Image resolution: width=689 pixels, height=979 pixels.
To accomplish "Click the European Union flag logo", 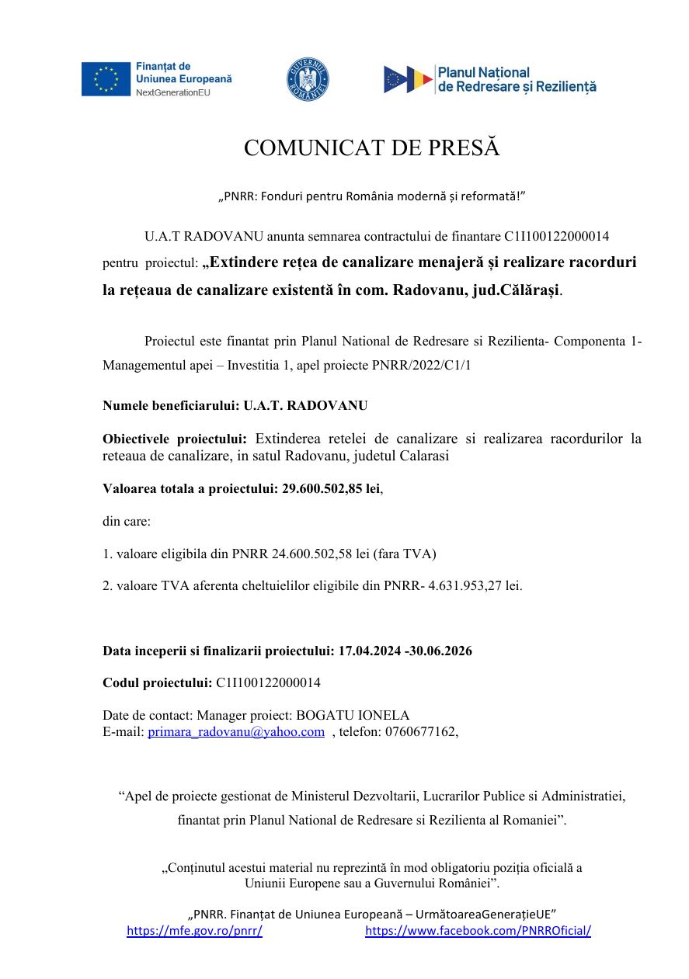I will (106, 79).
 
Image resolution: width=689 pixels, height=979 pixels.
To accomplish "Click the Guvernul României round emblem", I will (308, 79).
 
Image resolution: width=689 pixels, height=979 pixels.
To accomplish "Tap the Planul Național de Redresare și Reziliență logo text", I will (517, 79).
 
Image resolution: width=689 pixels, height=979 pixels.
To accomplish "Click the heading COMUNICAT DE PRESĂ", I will (371, 148).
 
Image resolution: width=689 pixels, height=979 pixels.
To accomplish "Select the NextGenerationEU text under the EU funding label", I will (173, 92).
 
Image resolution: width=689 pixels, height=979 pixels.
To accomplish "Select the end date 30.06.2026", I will (441, 651).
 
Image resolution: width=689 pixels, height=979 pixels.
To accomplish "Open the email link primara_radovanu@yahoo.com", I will (236, 731).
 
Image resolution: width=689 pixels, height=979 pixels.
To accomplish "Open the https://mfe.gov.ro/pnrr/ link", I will (194, 931).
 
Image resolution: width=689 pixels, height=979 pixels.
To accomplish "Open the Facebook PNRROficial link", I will (478, 931).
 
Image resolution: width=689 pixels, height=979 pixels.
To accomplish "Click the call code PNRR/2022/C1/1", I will (420, 365).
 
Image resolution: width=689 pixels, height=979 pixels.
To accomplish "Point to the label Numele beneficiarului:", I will (171, 405).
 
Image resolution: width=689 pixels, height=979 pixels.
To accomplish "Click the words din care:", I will (127, 521).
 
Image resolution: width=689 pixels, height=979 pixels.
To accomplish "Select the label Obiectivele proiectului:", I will (175, 439).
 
